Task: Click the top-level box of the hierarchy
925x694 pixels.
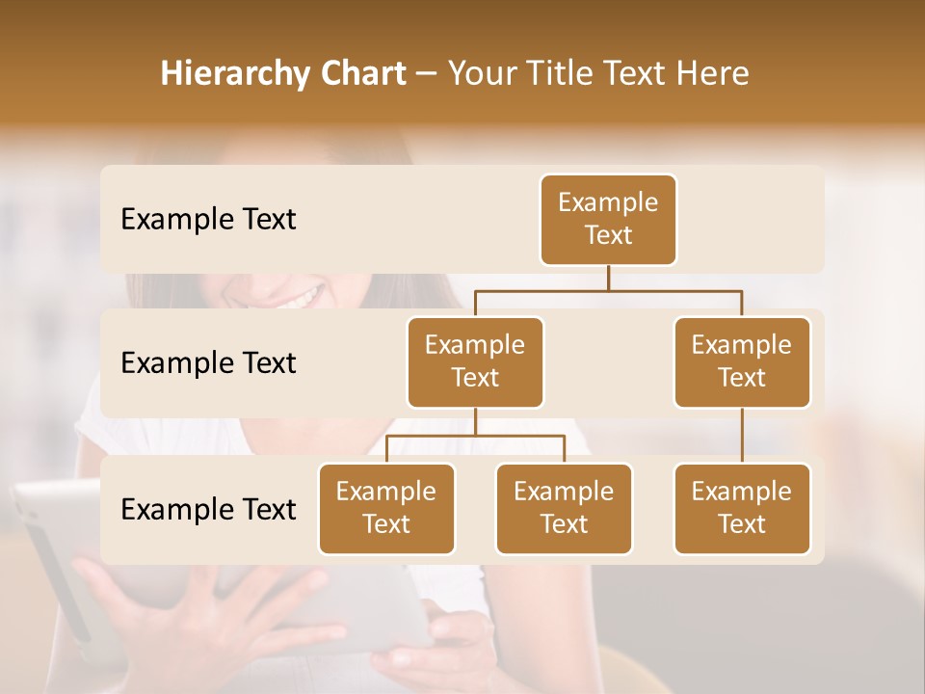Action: [x=608, y=220]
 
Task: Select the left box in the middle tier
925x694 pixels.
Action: [x=475, y=362]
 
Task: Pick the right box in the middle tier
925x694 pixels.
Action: [x=742, y=362]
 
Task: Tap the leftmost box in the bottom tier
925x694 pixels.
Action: [x=386, y=509]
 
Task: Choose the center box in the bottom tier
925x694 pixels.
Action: [x=564, y=509]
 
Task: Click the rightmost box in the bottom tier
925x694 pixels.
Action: [x=742, y=509]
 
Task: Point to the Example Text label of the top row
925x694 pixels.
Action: [x=208, y=220]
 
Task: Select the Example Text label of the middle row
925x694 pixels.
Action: [x=208, y=363]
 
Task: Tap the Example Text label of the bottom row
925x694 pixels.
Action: [x=208, y=510]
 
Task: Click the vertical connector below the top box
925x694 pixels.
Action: [x=608, y=278]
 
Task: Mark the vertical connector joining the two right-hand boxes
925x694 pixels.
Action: [x=742, y=436]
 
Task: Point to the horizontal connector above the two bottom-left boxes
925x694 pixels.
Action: [x=475, y=436]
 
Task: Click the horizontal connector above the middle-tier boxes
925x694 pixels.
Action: [x=608, y=290]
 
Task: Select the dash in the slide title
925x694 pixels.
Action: [x=427, y=75]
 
